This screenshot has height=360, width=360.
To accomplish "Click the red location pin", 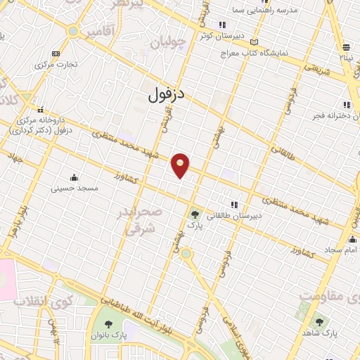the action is click(181, 165).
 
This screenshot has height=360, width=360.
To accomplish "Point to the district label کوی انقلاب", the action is click(43, 300).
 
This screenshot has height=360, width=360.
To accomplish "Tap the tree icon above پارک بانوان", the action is click(109, 323).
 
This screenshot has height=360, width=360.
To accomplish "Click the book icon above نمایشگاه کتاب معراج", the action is click(255, 41).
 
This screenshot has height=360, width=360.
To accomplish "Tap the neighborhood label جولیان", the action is click(168, 43).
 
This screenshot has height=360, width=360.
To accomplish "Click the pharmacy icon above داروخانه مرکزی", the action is click(41, 109).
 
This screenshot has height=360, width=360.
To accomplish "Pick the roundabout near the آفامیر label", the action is click(73, 31).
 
